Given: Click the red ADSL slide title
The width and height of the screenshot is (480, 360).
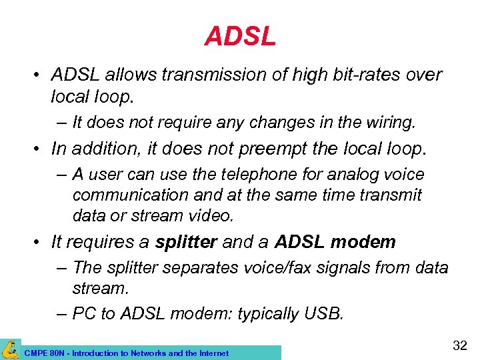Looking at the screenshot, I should pos(240,37).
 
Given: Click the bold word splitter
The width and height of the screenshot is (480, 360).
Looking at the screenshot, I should pos(186,241).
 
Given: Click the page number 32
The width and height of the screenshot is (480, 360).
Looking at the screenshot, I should pos(460,345).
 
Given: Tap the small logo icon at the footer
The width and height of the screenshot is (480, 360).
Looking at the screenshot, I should pos(9,349).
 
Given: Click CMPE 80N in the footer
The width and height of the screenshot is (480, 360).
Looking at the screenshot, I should pos(40,353).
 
